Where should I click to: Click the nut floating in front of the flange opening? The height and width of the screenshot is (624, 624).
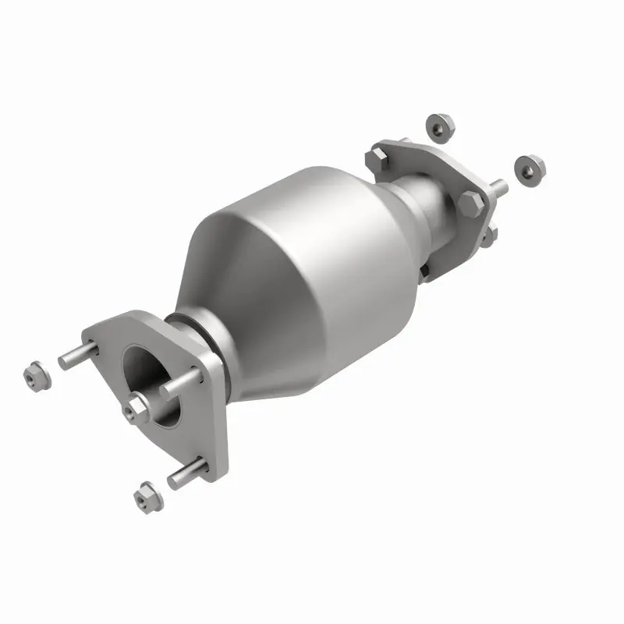pos(137,406)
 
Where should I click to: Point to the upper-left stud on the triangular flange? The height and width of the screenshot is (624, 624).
pos(79,356)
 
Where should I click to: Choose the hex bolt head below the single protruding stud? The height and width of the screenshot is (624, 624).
pos(472,204)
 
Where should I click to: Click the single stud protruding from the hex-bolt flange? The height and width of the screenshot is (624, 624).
pos(496,188)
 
